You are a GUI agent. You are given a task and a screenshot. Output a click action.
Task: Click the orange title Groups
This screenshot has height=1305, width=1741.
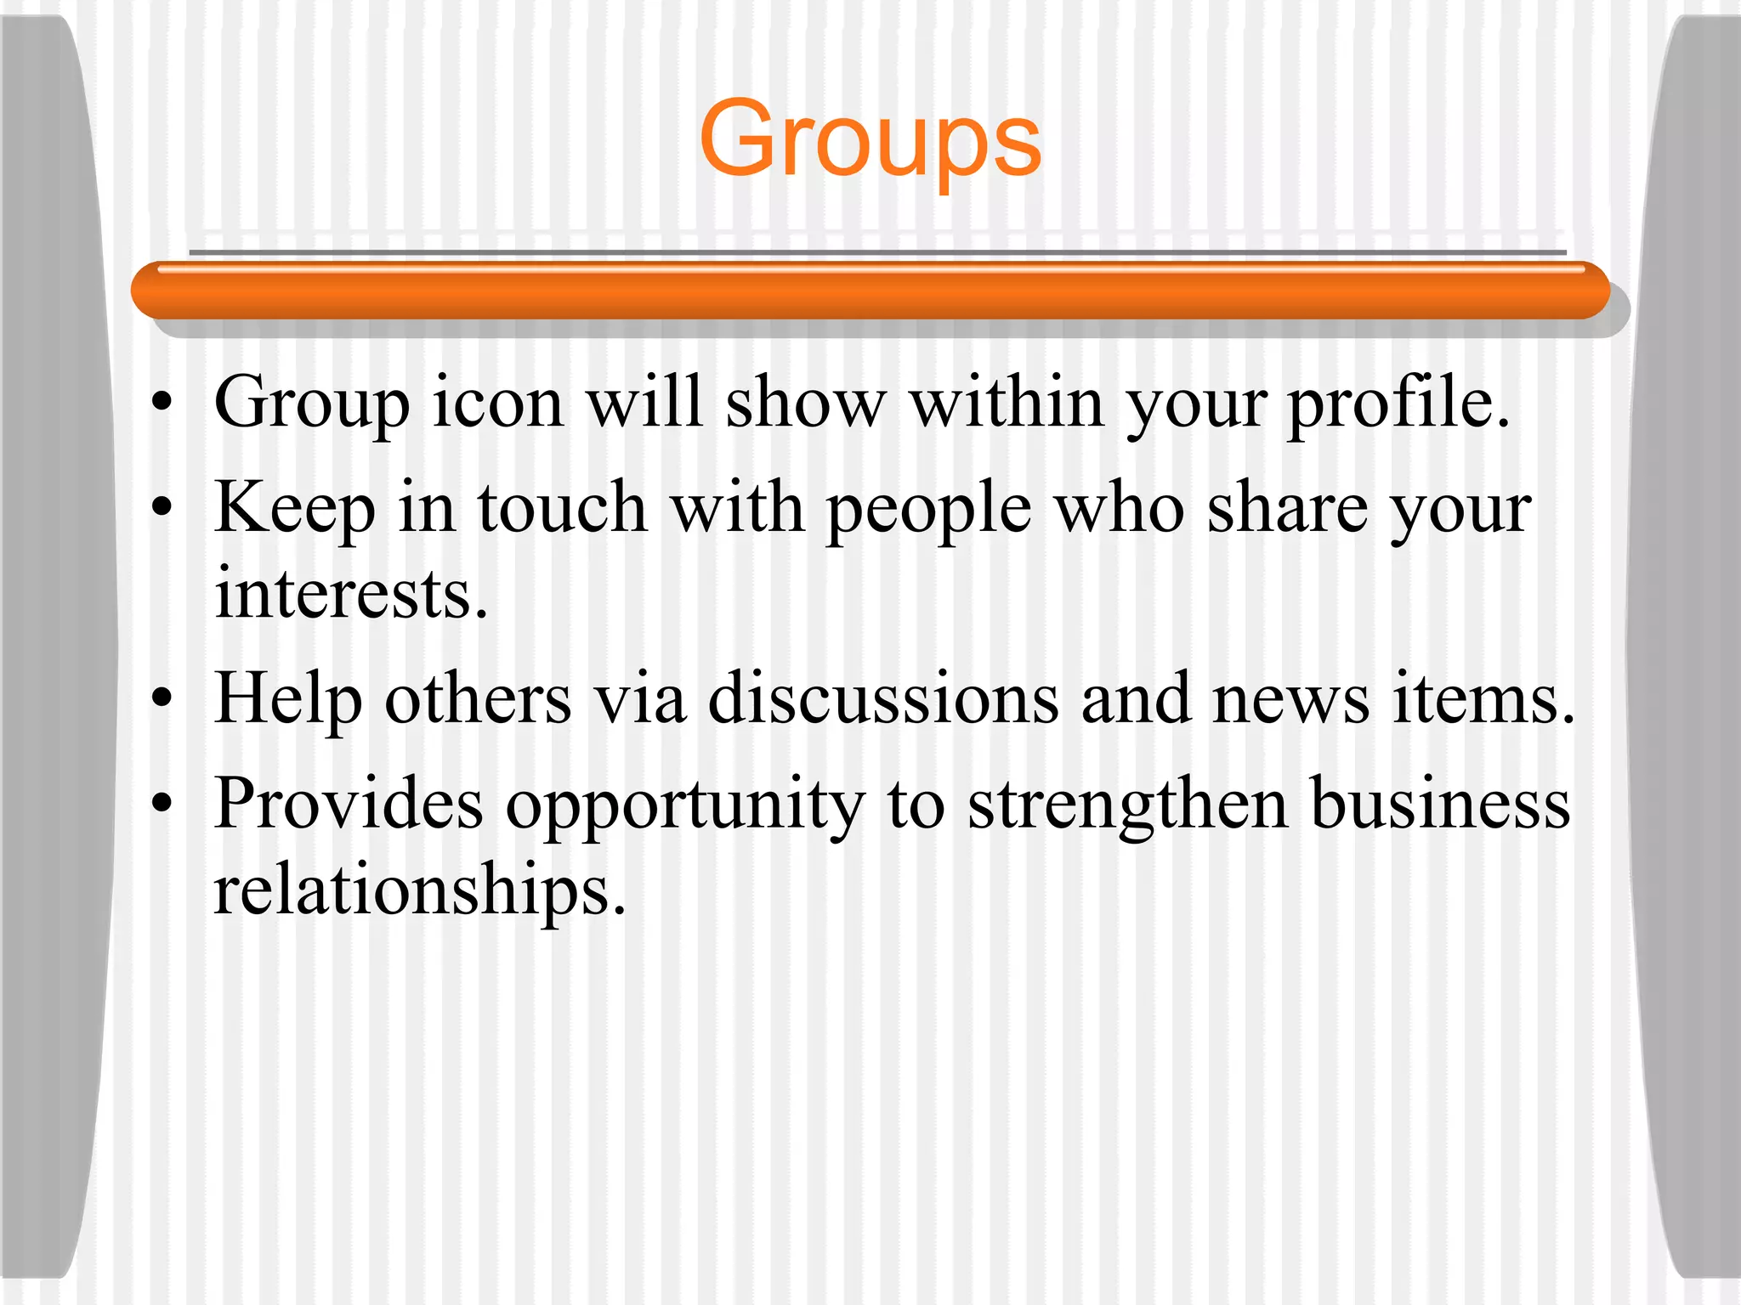point(870,139)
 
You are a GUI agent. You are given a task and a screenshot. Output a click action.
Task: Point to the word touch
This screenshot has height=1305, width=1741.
point(562,508)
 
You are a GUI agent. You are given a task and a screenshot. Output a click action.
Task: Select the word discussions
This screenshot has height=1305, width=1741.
point(883,698)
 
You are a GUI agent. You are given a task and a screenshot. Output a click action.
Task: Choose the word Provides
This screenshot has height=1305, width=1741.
point(349,804)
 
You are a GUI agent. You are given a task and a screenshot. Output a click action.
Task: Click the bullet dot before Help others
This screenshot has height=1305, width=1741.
point(162,700)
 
